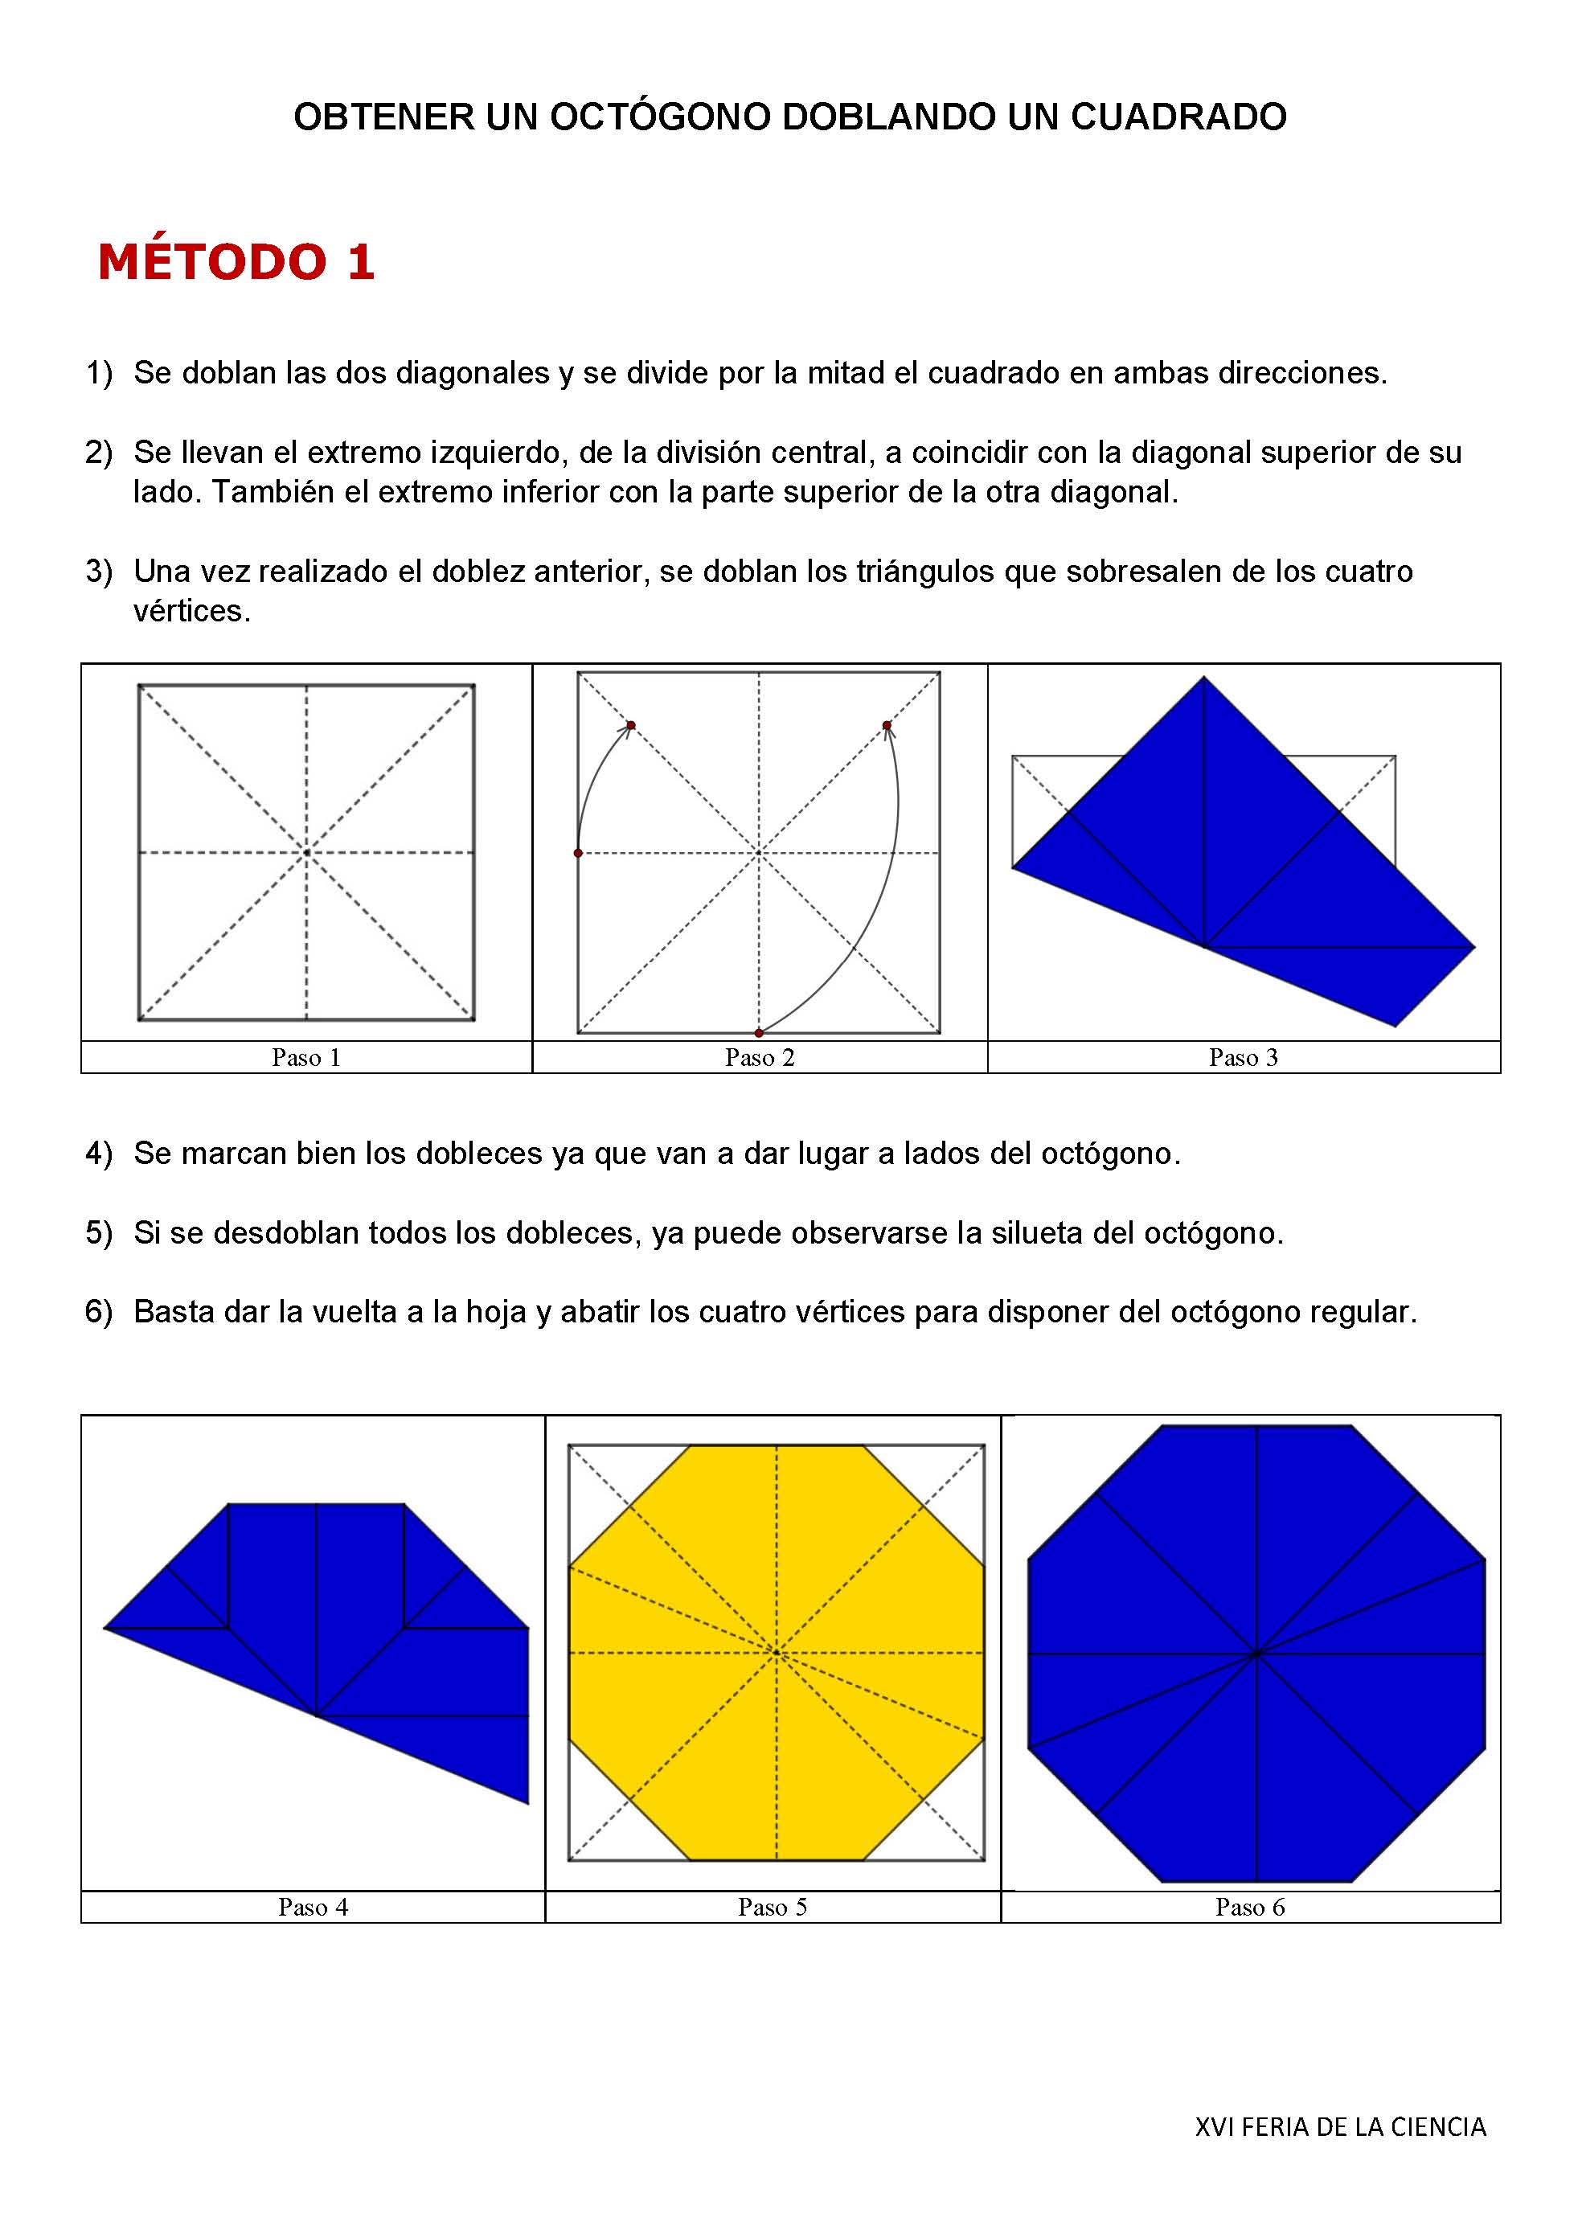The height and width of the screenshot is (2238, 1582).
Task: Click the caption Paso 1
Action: (306, 1058)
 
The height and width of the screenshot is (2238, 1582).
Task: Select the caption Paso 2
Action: (760, 1058)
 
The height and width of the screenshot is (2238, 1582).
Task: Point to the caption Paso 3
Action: (1243, 1058)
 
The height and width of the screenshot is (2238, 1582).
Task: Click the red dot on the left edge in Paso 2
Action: (578, 853)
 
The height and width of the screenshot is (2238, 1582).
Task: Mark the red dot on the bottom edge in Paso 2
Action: (758, 1032)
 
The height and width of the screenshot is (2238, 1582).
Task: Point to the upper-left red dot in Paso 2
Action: (631, 725)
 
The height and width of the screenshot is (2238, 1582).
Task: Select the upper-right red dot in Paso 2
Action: (886, 725)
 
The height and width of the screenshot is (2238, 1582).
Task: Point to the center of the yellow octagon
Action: (776, 1652)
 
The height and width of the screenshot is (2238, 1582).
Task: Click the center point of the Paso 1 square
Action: (306, 853)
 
